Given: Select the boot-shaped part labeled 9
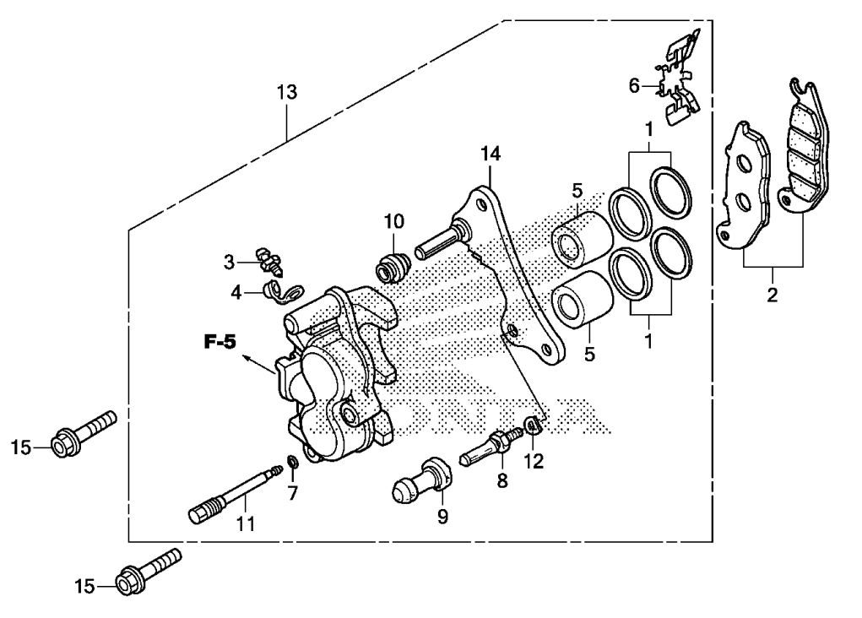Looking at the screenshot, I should (x=417, y=483).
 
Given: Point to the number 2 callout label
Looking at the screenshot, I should (x=773, y=296).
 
